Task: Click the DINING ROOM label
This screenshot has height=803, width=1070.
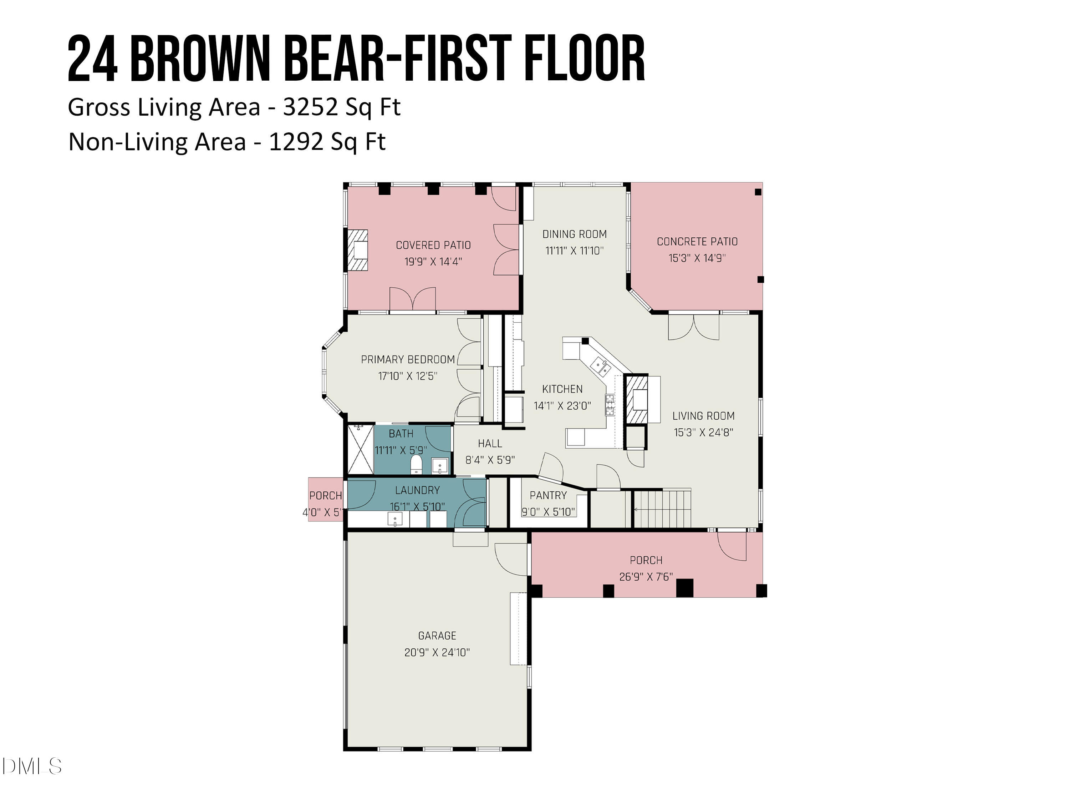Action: coord(574,234)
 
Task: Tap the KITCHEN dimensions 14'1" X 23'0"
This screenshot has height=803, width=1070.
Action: coord(562,406)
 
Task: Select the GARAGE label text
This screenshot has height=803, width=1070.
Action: coord(437,636)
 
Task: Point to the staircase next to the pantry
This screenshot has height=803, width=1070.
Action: coord(662,509)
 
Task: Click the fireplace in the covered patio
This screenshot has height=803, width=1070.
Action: coord(358,250)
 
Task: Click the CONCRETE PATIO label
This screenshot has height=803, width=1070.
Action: coord(697,242)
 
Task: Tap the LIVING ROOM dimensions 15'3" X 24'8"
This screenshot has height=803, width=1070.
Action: coord(703,432)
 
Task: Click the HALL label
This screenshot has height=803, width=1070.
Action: coord(490,443)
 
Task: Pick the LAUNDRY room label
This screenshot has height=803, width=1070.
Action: coord(417,490)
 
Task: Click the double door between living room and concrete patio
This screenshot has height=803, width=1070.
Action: coord(694,327)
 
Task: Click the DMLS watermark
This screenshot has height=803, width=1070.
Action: coord(31,766)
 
